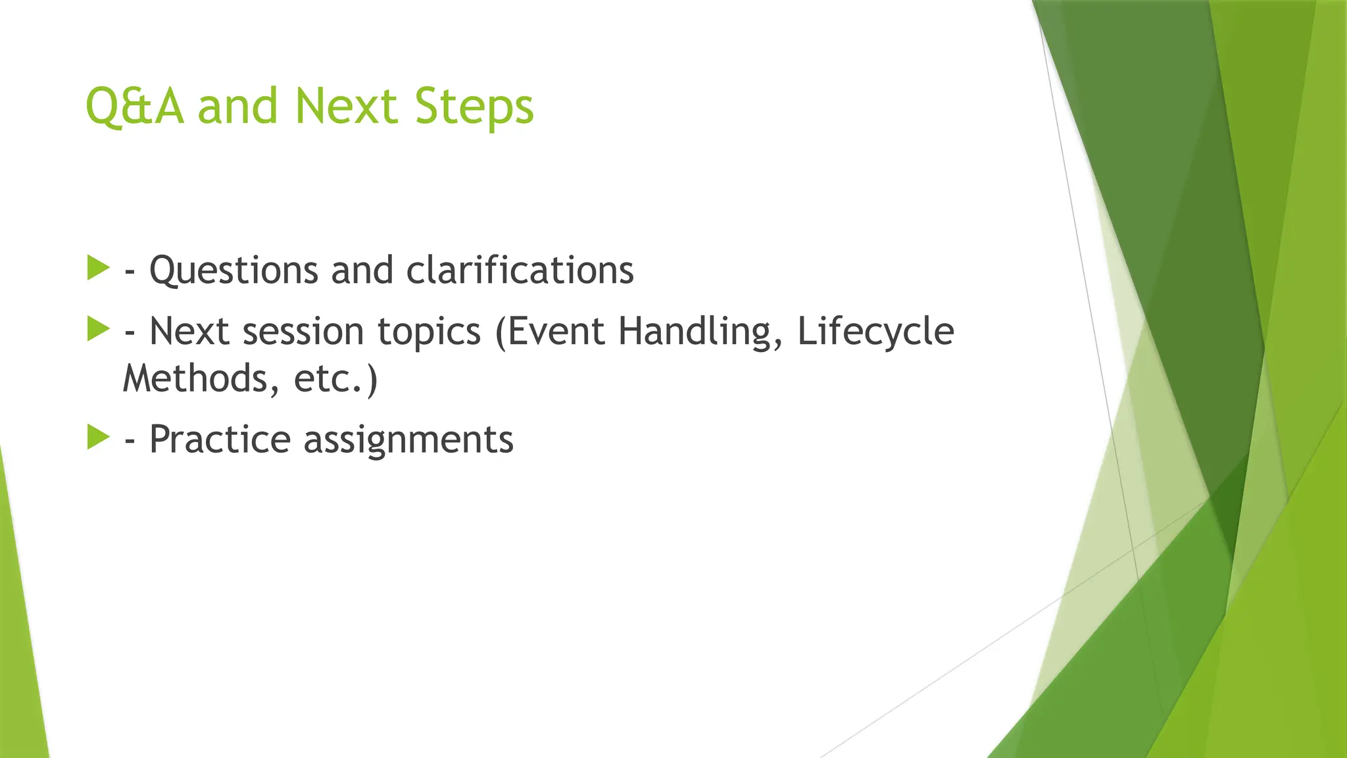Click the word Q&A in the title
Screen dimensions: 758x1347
click(x=134, y=107)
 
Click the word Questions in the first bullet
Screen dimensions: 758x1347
click(x=233, y=271)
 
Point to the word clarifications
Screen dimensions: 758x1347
click(x=520, y=270)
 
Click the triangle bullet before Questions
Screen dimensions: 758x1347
click(x=97, y=268)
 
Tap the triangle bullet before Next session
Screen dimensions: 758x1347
click(x=97, y=329)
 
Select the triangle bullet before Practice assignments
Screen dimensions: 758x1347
click(x=97, y=438)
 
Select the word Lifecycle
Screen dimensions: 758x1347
click(x=875, y=332)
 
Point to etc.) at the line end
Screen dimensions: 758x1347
click(x=336, y=379)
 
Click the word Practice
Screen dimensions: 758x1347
click(x=220, y=440)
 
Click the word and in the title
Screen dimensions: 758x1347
click(x=237, y=107)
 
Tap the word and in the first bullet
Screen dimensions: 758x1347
click(x=362, y=270)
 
